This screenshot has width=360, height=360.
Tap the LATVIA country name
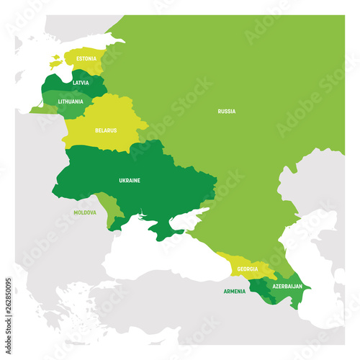(x=81, y=84)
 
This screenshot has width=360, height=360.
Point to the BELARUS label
(x=105, y=131)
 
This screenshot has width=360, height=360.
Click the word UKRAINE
(x=129, y=180)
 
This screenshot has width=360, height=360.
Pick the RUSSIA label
(x=227, y=111)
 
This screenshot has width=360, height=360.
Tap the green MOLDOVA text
(x=84, y=213)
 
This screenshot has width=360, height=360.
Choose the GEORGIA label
(x=243, y=270)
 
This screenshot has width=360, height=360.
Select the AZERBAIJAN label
(x=287, y=286)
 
